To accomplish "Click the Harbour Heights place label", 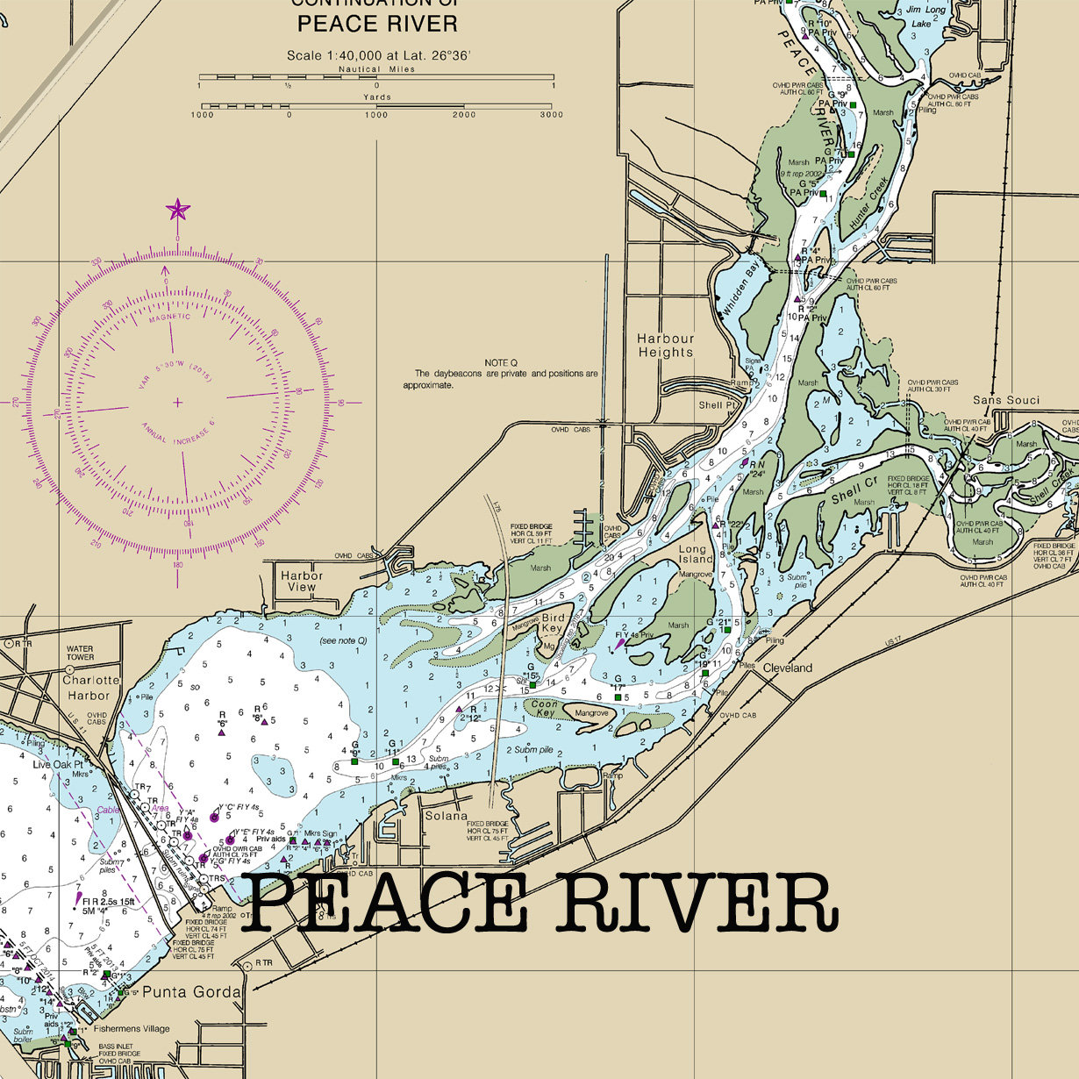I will pos(665,345).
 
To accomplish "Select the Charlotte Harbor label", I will pos(91,688).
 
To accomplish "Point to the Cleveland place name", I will pos(787,668).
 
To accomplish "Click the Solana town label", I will pos(447,816).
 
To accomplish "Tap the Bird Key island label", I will pos(552,623).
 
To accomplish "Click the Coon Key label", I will pos(545,709).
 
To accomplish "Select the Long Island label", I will pos(696,554).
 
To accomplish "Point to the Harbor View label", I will pos(302,582).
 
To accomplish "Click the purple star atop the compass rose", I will pos(178,210).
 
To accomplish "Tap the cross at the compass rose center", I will pos(178,403).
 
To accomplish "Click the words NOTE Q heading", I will pos(501,362).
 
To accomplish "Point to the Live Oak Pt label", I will pos(57,765).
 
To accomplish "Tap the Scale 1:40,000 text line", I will pos(378,55).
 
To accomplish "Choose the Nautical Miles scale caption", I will pos(376,69).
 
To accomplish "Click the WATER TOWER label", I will pos(80,653).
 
